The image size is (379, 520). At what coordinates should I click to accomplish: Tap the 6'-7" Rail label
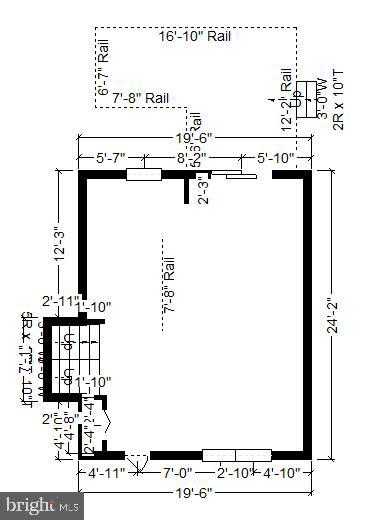pyautogui.click(x=103, y=68)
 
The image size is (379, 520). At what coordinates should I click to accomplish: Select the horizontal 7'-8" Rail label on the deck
pyautogui.click(x=140, y=97)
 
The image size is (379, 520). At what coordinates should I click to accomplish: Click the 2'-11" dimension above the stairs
pyautogui.click(x=59, y=300)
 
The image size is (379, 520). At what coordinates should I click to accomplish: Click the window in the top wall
pyautogui.click(x=144, y=174)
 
